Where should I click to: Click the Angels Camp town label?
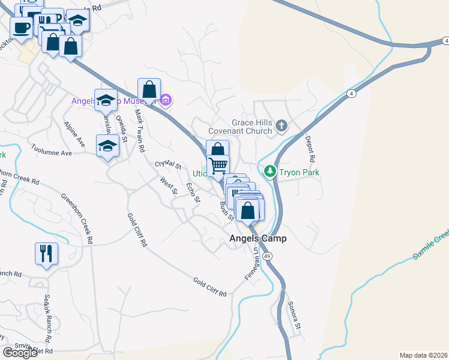coord(258,238)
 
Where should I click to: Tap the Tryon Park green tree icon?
coord(271,172)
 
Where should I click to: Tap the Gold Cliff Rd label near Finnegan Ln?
coord(209,287)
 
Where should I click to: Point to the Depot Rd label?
coord(310,150)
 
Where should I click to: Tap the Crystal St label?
coord(168,164)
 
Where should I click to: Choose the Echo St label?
coord(193,193)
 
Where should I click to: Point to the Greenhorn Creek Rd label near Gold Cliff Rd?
coord(76,217)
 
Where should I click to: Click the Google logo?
coord(20,353)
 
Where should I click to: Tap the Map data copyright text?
coord(424,355)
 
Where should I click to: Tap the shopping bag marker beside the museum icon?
coord(149,90)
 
